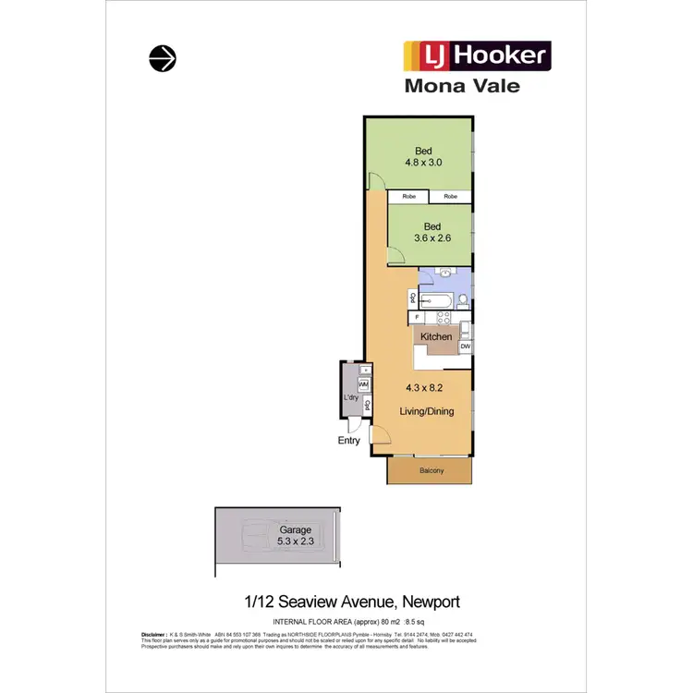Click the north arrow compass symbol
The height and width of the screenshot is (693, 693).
coord(163,58)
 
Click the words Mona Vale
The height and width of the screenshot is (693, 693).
coord(462,86)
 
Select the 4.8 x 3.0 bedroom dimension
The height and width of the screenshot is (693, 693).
coord(423,162)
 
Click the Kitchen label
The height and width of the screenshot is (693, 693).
coord(436,337)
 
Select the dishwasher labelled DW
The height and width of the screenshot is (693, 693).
coord(465,346)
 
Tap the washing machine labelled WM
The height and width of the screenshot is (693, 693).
coord(363,384)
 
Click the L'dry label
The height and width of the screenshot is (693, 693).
coord(351,398)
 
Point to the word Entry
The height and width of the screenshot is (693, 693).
coord(349,441)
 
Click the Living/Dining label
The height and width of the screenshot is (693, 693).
coord(426,411)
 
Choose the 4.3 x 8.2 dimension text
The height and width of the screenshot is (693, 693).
coord(426,389)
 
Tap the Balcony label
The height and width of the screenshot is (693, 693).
coord(431,471)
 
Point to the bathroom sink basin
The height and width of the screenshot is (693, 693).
coord(444,274)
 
